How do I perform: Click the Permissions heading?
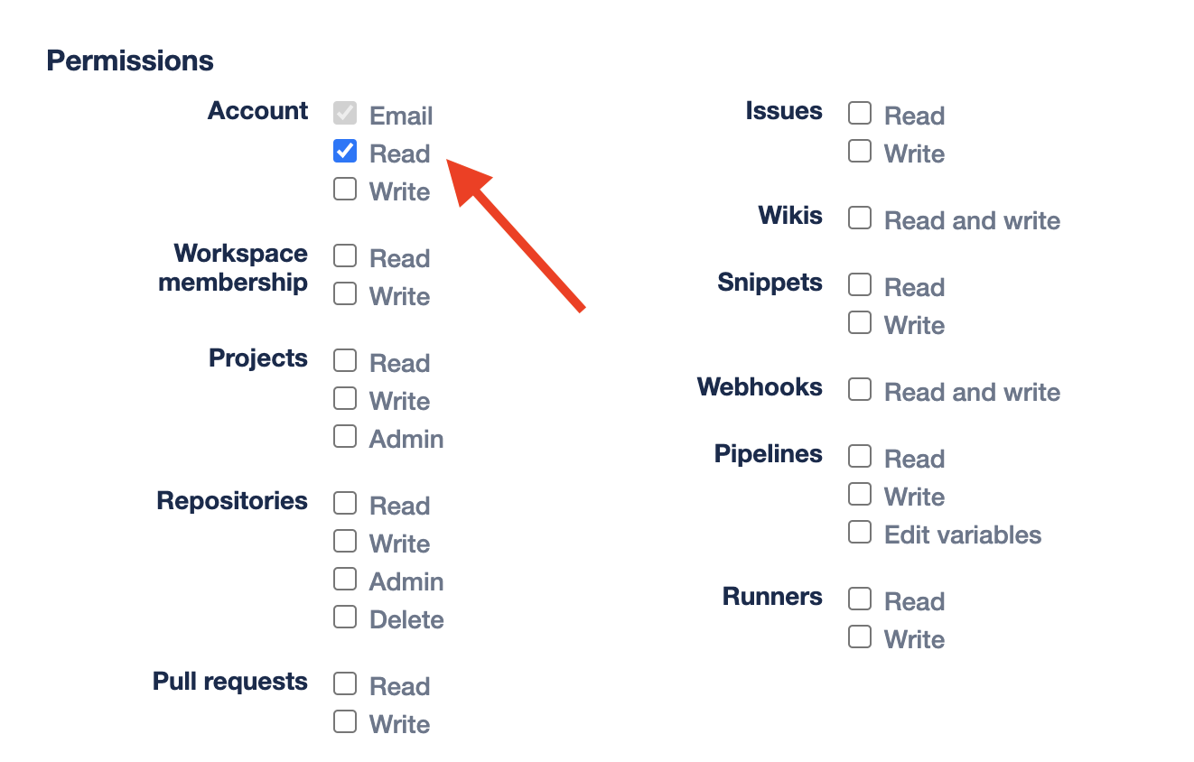pyautogui.click(x=130, y=61)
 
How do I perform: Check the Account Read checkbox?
pyautogui.click(x=345, y=151)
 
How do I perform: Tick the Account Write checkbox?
pyautogui.click(x=345, y=189)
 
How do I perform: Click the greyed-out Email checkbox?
pyautogui.click(x=345, y=113)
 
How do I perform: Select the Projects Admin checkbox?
pyautogui.click(x=345, y=436)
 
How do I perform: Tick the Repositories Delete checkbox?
pyautogui.click(x=345, y=617)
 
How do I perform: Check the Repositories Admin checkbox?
pyautogui.click(x=345, y=579)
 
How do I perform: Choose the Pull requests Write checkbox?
pyautogui.click(x=345, y=721)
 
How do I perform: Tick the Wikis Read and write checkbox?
pyautogui.click(x=860, y=218)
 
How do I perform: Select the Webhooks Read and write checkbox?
pyautogui.click(x=860, y=389)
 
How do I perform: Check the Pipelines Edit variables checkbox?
pyautogui.click(x=860, y=532)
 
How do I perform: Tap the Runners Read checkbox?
pyautogui.click(x=860, y=599)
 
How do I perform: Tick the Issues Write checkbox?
pyautogui.click(x=860, y=151)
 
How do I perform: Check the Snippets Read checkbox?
pyautogui.click(x=860, y=284)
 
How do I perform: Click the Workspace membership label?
pyautogui.click(x=233, y=268)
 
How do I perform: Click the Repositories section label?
pyautogui.click(x=232, y=501)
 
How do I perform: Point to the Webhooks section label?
pyautogui.click(x=760, y=387)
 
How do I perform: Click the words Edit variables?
pyautogui.click(x=963, y=534)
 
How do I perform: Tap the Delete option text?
pyautogui.click(x=406, y=620)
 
